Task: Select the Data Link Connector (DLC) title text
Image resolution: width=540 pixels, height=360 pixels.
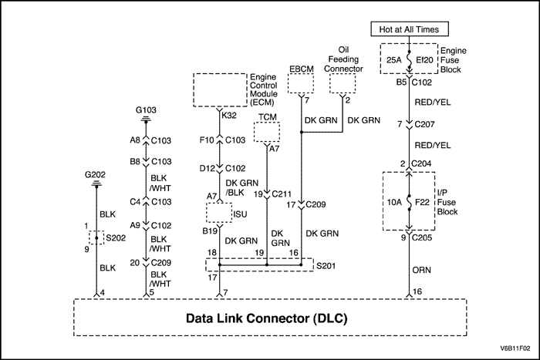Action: coord(268,318)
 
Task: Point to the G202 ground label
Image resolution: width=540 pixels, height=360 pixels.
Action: coord(96,175)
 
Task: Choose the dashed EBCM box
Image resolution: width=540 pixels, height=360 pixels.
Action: coord(301,83)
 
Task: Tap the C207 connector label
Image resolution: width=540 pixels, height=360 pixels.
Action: coord(424,124)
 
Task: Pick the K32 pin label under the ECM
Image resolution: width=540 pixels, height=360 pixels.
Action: coord(229,116)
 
